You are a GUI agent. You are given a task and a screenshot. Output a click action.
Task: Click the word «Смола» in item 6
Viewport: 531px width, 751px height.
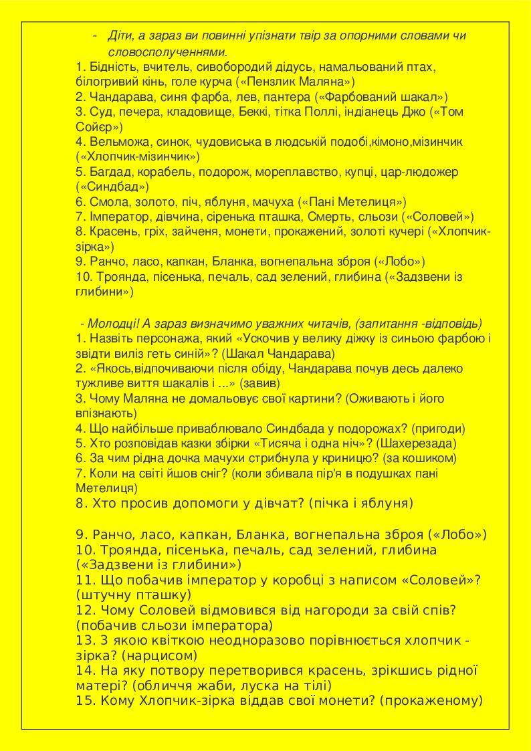coord(106,201)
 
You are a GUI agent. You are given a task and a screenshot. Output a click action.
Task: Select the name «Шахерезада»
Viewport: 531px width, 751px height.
coord(416,443)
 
